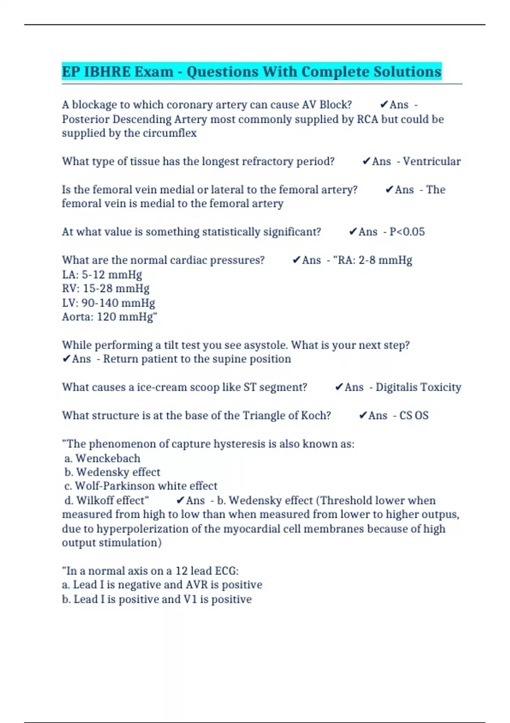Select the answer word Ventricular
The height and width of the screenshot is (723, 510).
(431, 161)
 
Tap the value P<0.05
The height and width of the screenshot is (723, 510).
(407, 232)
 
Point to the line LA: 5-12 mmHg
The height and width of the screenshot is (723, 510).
(102, 274)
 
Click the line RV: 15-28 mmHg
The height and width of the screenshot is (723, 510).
(106, 288)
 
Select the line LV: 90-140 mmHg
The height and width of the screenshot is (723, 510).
(108, 303)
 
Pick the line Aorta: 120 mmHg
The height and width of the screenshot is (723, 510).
(109, 317)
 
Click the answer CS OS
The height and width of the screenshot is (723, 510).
(414, 416)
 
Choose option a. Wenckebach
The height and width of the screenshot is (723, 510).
(102, 458)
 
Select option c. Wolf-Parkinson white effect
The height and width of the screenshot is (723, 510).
(141, 486)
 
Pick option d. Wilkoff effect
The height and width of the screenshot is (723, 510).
(106, 500)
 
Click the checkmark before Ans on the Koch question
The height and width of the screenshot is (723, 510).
(363, 416)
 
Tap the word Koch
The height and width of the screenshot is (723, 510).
(315, 416)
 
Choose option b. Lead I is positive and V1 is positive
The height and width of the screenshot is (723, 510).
(157, 599)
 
